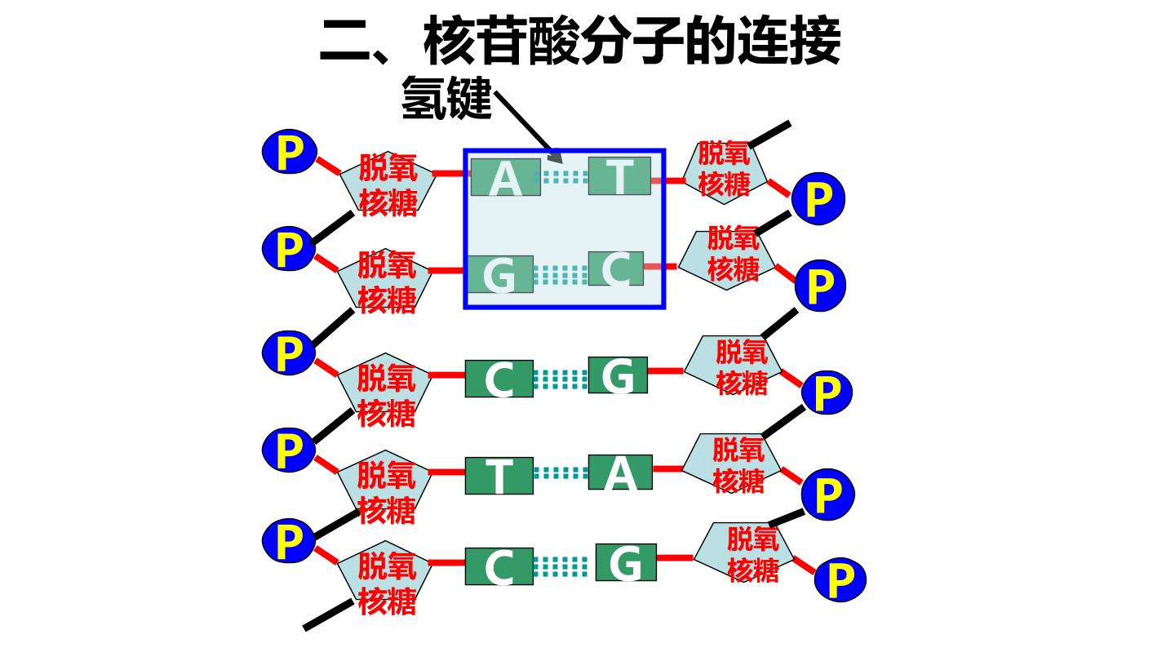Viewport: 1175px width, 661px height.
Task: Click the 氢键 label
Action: (x=446, y=98)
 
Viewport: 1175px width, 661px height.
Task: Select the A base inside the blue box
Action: (x=506, y=177)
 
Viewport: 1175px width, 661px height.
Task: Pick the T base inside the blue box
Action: (x=619, y=176)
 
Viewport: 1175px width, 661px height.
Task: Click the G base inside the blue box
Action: (x=499, y=274)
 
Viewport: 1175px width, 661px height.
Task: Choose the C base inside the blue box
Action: (x=616, y=268)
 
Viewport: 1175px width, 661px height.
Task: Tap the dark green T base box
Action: (x=499, y=475)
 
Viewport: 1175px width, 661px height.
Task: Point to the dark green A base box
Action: (x=620, y=472)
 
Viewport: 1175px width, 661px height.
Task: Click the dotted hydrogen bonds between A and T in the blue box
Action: (x=565, y=177)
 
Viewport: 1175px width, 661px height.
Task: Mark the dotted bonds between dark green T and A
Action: (x=561, y=473)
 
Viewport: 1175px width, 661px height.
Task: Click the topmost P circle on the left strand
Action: (x=289, y=152)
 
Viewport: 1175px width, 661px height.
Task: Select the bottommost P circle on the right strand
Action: (x=840, y=579)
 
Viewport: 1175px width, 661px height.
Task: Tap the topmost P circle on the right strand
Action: (x=818, y=198)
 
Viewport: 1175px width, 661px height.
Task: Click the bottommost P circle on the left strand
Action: (x=289, y=540)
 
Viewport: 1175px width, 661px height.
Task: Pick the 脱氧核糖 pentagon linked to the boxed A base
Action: (x=388, y=184)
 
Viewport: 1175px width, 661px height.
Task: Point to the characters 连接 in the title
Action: (x=789, y=40)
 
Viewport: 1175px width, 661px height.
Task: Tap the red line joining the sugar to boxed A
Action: (x=451, y=173)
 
